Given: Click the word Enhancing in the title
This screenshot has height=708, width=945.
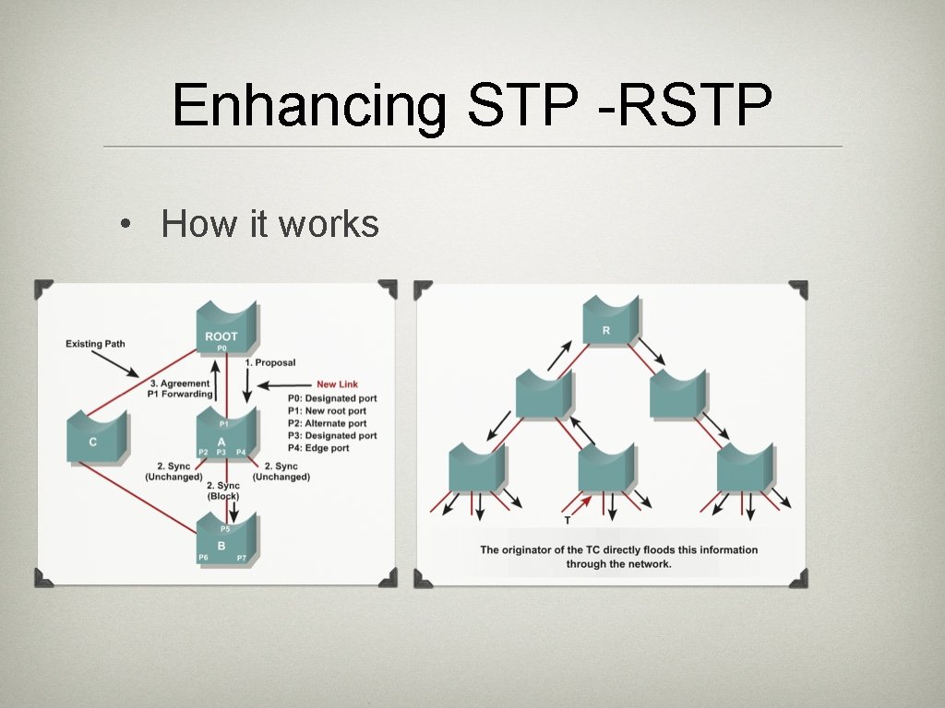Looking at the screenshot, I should coord(309,107).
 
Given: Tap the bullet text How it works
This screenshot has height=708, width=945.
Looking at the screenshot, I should coord(269,224).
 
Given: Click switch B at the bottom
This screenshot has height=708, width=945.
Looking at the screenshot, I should coord(221,541).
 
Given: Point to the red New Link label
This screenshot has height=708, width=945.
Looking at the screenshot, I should coord(337,384).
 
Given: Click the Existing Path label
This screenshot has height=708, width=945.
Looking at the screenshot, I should coord(95,344).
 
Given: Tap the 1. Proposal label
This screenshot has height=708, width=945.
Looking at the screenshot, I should coord(270,363).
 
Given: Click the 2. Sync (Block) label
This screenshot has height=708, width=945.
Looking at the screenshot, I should coord(222,490).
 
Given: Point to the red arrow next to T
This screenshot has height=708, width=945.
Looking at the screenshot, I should coord(579,503).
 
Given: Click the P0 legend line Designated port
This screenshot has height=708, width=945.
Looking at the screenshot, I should coord(332,398).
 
